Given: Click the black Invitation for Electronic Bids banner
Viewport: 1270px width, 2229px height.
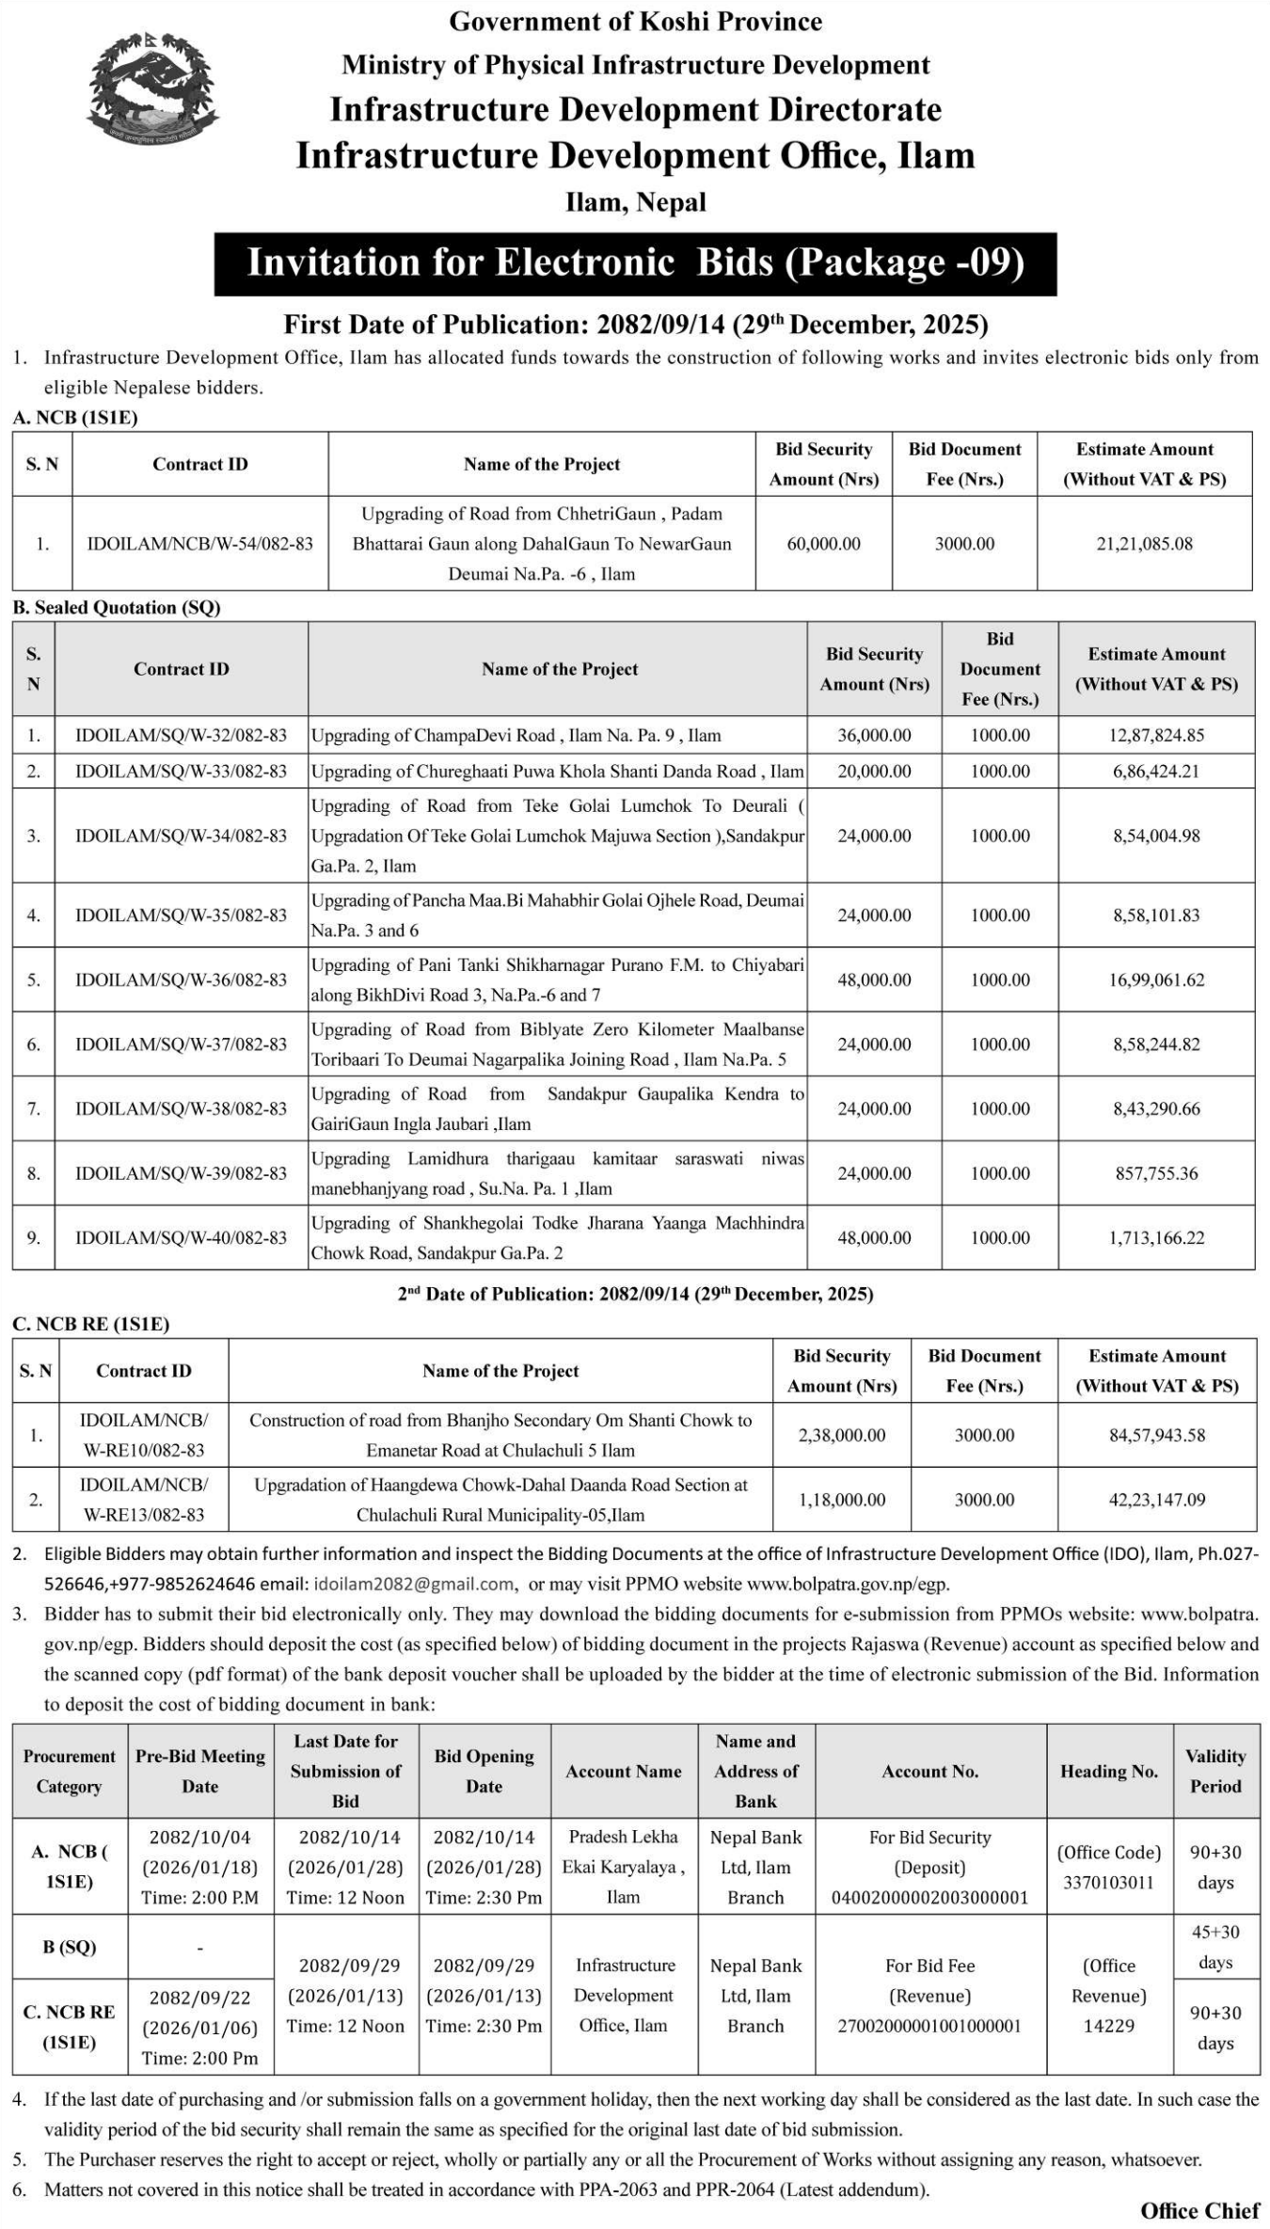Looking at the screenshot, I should click(x=635, y=263).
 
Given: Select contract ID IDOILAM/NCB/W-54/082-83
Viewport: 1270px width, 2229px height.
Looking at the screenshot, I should click(x=199, y=544).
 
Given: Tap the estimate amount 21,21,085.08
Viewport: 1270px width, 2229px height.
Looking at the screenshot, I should click(x=1144, y=544).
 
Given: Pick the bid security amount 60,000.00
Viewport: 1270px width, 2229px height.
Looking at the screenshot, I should click(x=823, y=544).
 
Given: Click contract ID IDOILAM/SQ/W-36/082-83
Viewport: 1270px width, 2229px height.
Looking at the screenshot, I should click(x=181, y=979).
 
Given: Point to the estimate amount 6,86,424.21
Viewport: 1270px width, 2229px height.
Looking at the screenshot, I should click(x=1156, y=772).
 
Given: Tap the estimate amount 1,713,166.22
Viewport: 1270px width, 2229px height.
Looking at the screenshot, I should click(x=1156, y=1237).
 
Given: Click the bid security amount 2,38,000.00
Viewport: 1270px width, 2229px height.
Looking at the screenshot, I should click(x=842, y=1435).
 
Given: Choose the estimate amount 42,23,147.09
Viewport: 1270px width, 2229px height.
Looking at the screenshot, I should click(x=1156, y=1500).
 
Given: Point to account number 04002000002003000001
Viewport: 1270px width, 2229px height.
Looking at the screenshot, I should click(x=929, y=1898).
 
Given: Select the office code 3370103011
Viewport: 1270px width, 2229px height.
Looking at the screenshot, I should click(x=1109, y=1883).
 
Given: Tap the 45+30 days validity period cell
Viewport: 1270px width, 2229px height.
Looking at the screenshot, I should click(x=1214, y=1947).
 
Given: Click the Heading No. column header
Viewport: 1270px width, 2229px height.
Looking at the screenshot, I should click(x=1109, y=1772).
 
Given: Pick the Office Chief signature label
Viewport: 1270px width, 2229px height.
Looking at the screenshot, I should click(x=1199, y=2211).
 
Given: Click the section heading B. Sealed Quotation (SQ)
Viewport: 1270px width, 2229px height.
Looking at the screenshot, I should click(x=117, y=608).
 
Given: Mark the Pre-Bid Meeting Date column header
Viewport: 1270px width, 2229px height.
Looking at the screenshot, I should click(x=200, y=1772).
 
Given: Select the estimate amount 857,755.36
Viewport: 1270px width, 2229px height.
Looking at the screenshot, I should click(x=1156, y=1173).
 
